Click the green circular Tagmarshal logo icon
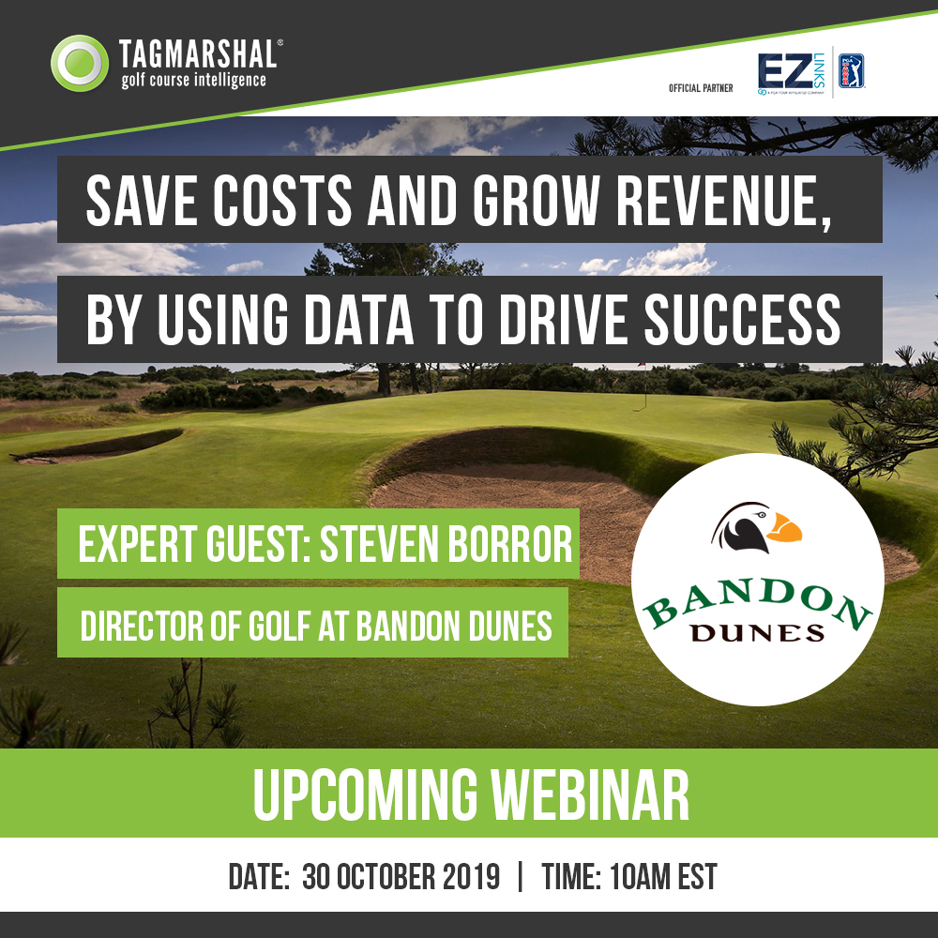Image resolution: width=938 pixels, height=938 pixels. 80,64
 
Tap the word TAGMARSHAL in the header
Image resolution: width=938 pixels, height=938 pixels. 198,54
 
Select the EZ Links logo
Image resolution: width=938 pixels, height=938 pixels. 791,73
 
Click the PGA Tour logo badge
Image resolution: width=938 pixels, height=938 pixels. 851,71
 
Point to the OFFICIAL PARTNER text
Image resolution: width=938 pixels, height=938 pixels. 701,88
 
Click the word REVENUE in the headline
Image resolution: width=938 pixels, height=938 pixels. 723,201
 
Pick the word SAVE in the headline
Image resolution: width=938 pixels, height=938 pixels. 142,201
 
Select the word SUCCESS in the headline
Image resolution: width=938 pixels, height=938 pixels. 742,320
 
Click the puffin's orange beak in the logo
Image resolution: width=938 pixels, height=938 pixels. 783,528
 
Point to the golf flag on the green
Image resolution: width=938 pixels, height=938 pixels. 643,386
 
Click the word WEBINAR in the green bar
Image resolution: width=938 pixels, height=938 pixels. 590,794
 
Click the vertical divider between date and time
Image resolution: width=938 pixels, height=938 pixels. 520,876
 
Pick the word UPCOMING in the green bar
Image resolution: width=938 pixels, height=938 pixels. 365,794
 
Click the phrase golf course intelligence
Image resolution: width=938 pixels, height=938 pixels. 193,80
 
